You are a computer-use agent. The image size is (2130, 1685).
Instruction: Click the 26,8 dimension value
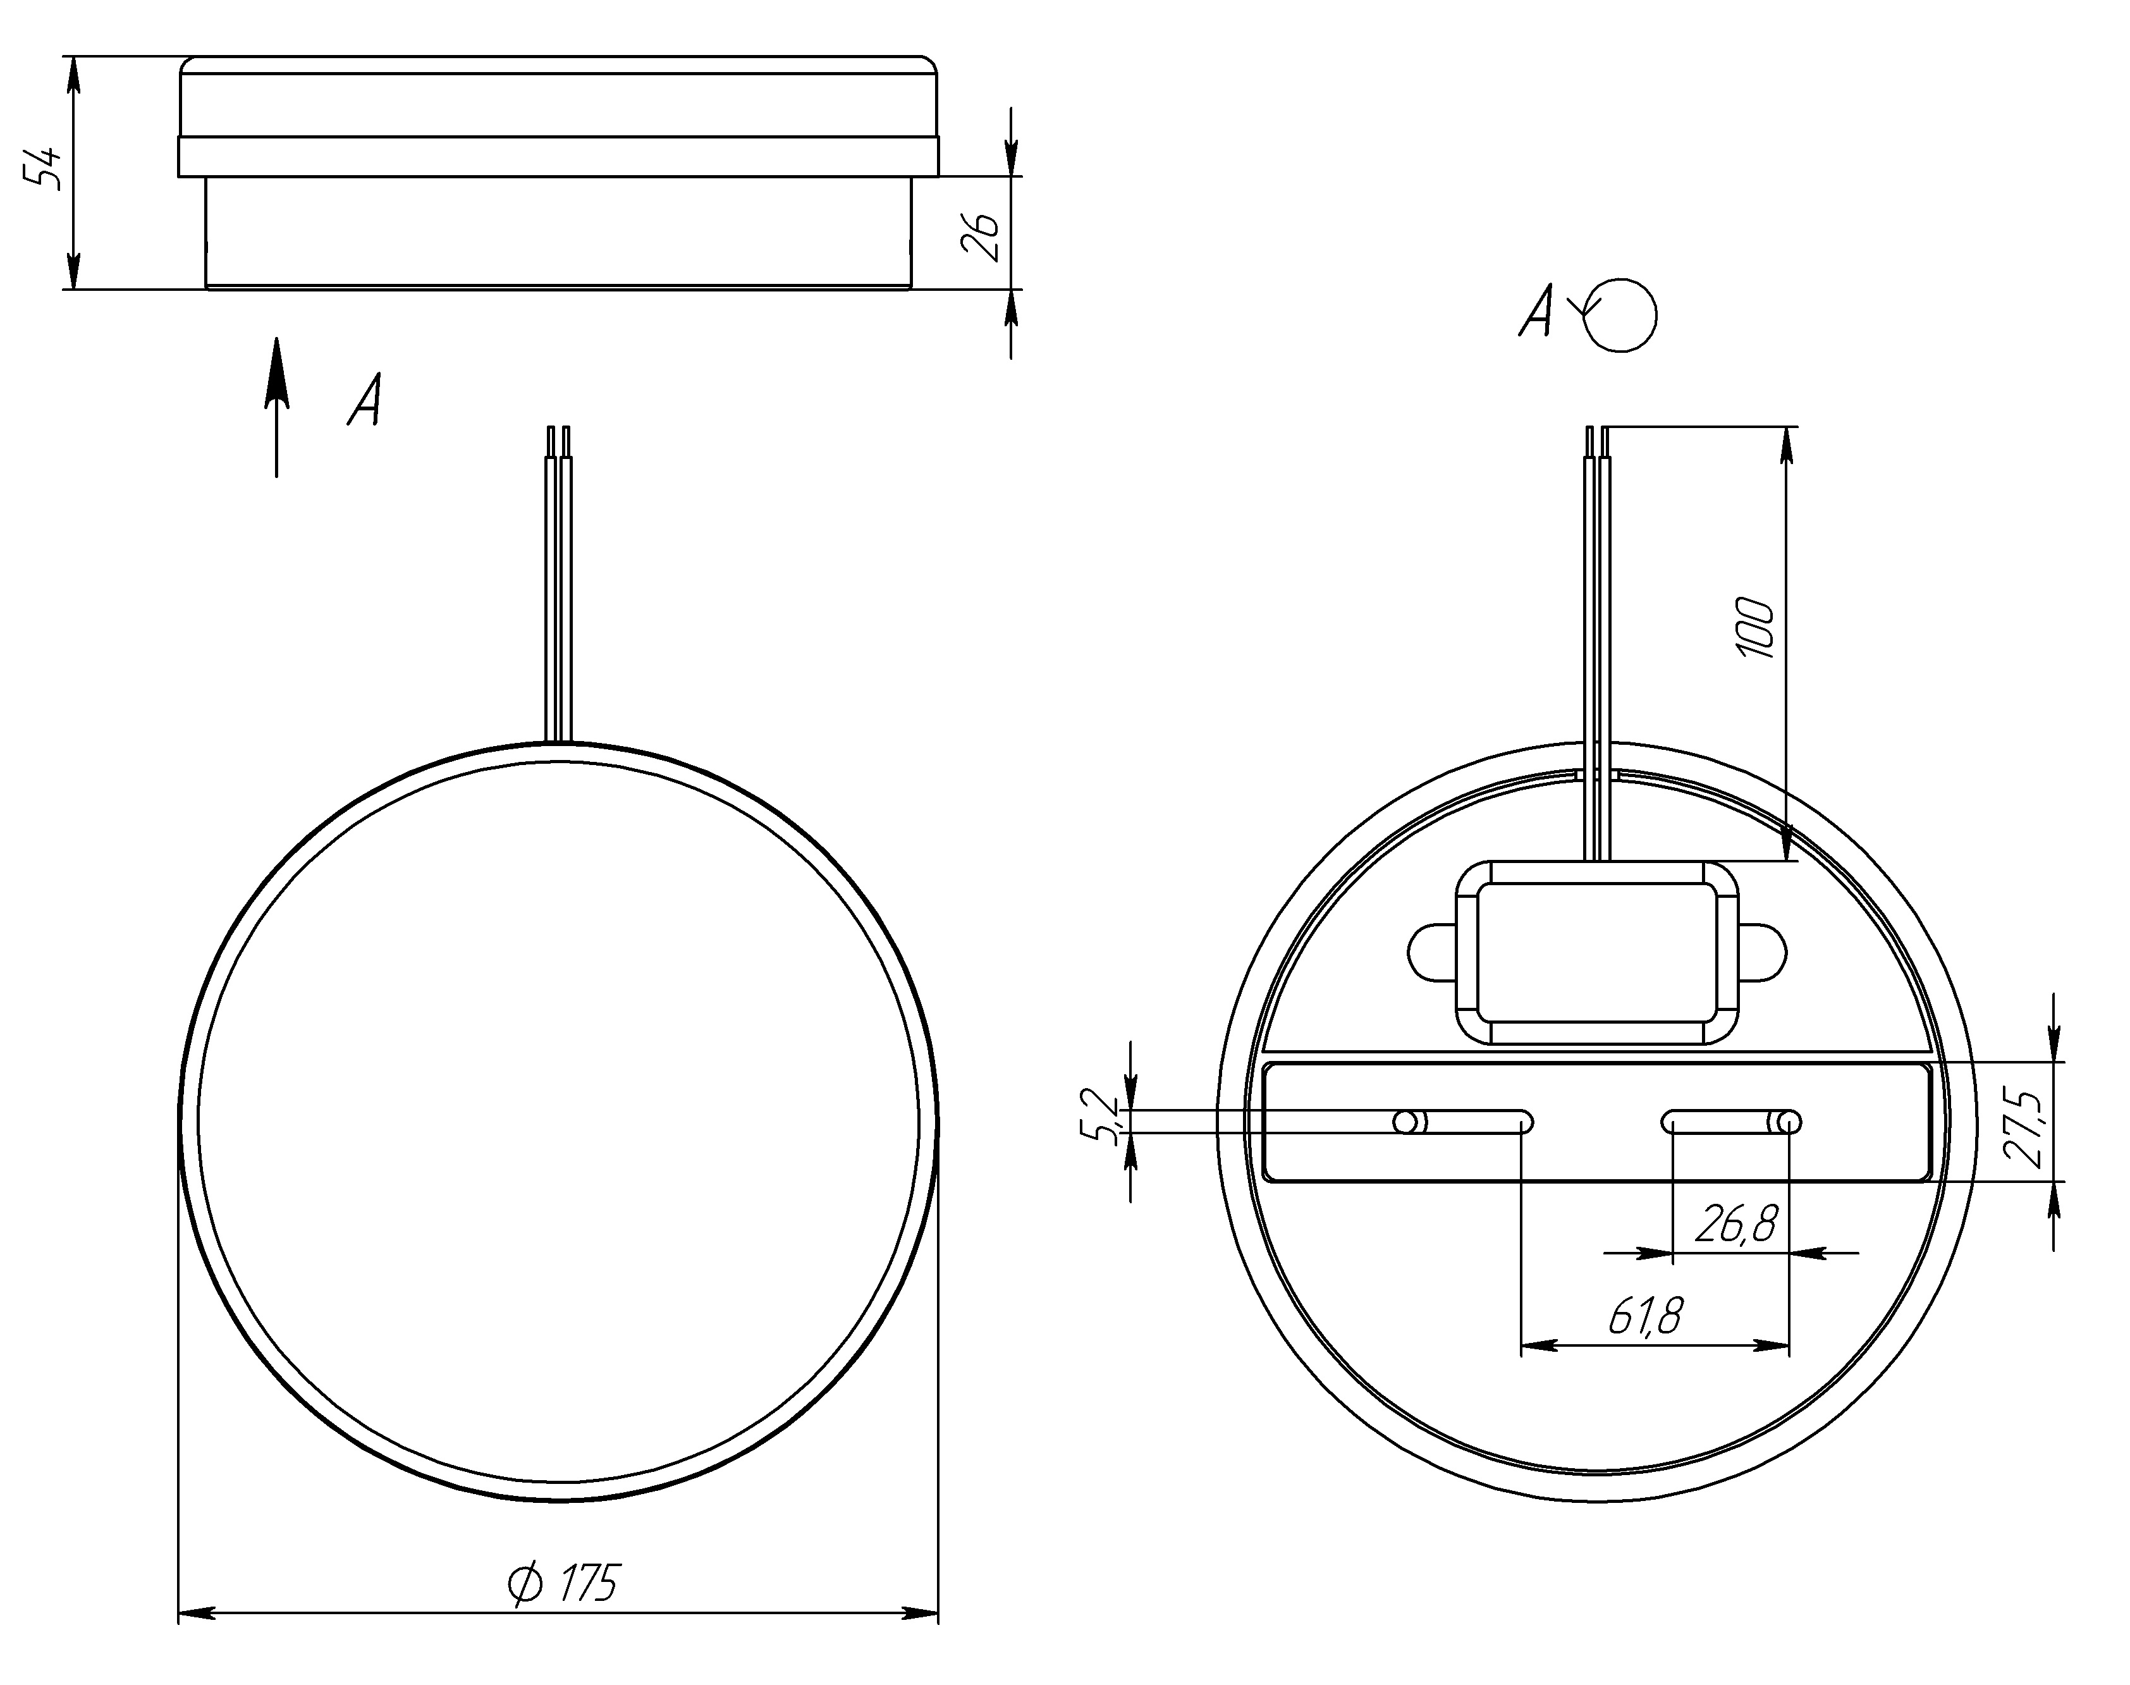[x=1736, y=1224]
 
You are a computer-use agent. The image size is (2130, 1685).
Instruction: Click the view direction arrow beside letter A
[x=277, y=407]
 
